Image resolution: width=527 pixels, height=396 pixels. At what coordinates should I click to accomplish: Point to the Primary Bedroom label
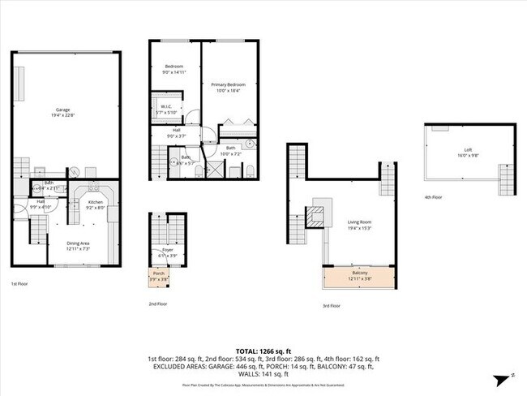(228, 84)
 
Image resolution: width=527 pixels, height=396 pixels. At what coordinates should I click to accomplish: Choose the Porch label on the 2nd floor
(159, 273)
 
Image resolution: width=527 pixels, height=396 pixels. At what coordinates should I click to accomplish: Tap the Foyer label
(167, 251)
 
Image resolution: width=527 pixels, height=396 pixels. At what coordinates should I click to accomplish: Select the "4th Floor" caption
(434, 197)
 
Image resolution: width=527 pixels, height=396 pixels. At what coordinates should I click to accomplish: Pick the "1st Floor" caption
(20, 284)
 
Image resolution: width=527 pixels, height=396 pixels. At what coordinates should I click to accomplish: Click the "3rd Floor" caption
(331, 306)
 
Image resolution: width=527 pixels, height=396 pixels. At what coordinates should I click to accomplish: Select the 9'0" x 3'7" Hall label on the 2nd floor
(176, 132)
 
